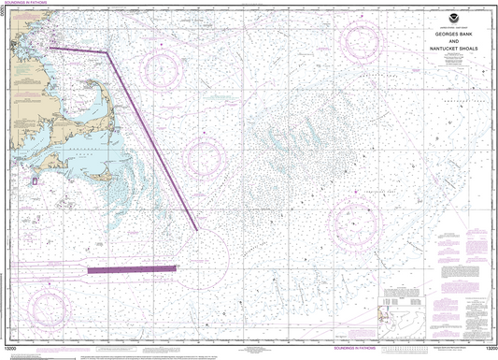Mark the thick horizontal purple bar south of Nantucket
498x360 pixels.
[132, 268]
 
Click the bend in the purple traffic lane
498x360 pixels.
[107, 52]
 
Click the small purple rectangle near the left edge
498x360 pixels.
[35, 183]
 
